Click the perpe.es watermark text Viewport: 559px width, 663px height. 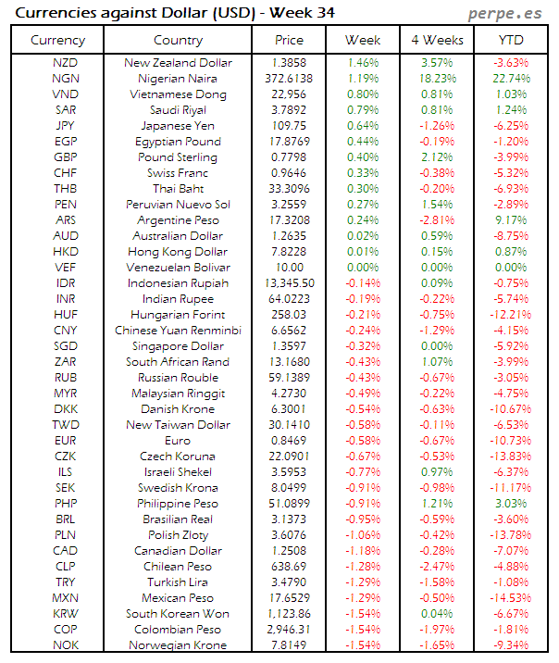coord(505,14)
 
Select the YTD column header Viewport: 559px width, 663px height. coord(510,40)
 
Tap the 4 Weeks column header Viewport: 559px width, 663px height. coord(436,40)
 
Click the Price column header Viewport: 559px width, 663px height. coord(289,40)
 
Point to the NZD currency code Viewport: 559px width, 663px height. coord(66,63)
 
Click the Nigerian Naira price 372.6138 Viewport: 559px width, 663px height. coord(289,79)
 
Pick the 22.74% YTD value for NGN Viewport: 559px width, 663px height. coord(512,79)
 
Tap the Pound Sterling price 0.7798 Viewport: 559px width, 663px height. coord(289,157)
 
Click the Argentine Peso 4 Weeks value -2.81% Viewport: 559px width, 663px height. coord(436,220)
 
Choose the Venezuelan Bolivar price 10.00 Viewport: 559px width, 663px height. coord(289,268)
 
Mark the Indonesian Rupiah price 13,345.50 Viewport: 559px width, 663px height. coord(289,283)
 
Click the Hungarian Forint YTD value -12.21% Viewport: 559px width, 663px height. coord(510,315)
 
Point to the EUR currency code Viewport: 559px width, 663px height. coord(66,441)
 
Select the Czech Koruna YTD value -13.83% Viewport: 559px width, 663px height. coord(510,457)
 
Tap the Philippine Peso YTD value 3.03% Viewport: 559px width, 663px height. coord(512,504)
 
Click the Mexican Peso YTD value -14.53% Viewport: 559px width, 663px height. coord(510,598)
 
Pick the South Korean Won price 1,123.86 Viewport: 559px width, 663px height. coord(289,614)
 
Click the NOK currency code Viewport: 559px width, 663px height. coord(66,645)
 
